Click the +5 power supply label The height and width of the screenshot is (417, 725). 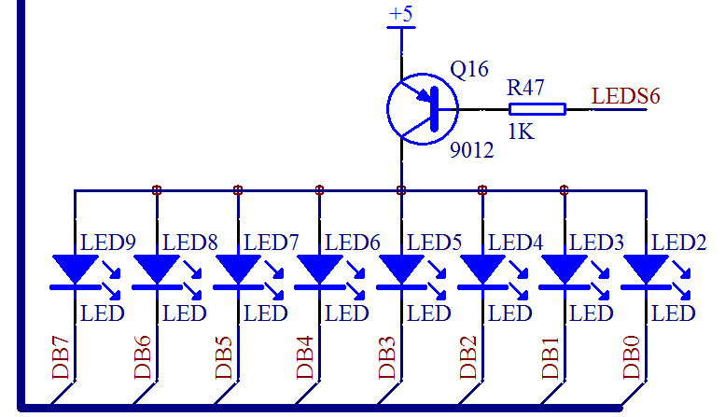(x=401, y=15)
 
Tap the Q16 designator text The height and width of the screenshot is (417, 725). (x=468, y=71)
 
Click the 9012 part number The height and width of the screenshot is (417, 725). (x=471, y=149)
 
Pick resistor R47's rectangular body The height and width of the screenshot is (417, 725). (x=537, y=109)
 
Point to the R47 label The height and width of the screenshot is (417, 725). (x=525, y=89)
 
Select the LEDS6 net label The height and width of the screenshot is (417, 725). (x=626, y=95)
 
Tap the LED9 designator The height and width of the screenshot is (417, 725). (x=108, y=243)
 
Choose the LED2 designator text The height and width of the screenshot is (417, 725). (x=678, y=243)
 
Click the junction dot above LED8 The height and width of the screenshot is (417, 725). (x=157, y=190)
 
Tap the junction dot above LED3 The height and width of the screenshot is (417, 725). (x=564, y=190)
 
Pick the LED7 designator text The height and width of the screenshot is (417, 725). (x=271, y=243)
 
